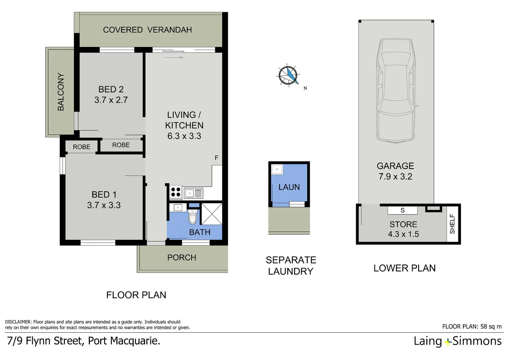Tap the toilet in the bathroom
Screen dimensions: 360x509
193,217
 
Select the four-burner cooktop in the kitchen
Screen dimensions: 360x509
176,192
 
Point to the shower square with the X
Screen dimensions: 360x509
212,214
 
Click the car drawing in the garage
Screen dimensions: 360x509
396,91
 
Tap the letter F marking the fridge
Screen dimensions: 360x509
217,158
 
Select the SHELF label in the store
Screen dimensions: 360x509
452,224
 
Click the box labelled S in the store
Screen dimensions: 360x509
402,210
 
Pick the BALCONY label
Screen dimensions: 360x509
61,92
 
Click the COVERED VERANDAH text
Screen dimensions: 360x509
147,30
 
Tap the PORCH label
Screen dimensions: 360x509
182,258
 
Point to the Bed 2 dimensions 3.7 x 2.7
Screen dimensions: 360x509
111,100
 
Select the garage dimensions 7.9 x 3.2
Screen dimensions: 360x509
395,177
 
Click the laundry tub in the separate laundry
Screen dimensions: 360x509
277,169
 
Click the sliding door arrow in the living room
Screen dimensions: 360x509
174,57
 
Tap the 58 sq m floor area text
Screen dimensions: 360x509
491,327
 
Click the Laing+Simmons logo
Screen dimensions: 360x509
457,341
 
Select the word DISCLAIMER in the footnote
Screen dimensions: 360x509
18,322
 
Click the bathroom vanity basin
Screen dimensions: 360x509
178,208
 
